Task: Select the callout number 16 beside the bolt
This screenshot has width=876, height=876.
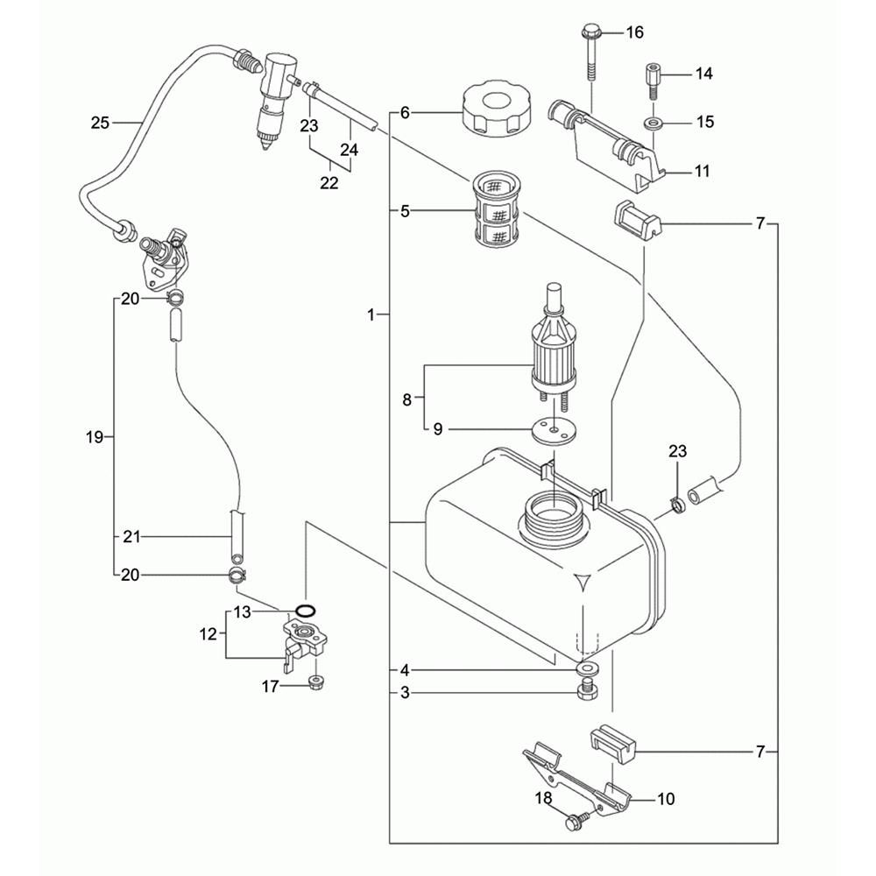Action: pyautogui.click(x=634, y=32)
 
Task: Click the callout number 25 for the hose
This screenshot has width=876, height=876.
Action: pyautogui.click(x=100, y=123)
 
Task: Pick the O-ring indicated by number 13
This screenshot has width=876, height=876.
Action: pyautogui.click(x=305, y=610)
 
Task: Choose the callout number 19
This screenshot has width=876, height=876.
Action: pyautogui.click(x=96, y=435)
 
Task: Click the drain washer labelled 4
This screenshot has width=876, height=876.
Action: pyautogui.click(x=583, y=669)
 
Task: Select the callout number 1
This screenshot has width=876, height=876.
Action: pyautogui.click(x=372, y=313)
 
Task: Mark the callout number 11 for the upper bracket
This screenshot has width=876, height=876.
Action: pyautogui.click(x=702, y=172)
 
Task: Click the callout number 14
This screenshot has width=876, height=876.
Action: pyautogui.click(x=704, y=74)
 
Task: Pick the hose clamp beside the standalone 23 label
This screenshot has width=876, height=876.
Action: pyautogui.click(x=677, y=505)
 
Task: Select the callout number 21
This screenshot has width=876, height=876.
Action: pyautogui.click(x=131, y=536)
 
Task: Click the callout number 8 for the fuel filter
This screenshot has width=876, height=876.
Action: pyautogui.click(x=406, y=399)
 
